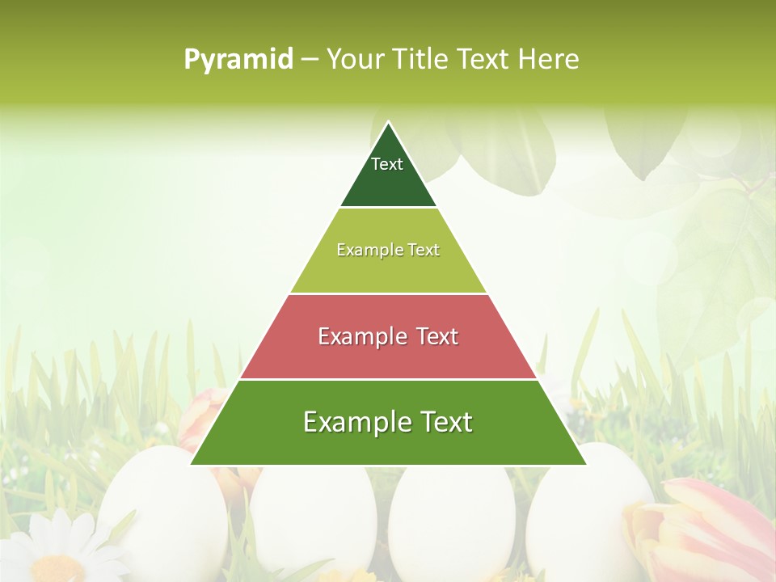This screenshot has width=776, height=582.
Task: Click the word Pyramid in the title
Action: [238, 60]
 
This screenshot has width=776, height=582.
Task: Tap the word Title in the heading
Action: [420, 60]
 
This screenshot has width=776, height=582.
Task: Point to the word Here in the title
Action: [549, 60]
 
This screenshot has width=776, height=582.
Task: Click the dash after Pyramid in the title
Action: [310, 60]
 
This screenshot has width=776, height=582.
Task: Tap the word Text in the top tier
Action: [387, 164]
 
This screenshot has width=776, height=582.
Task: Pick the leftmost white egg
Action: [162, 509]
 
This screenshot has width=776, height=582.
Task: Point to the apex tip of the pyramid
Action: [389, 123]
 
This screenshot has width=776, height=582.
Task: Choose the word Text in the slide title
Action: [483, 60]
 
